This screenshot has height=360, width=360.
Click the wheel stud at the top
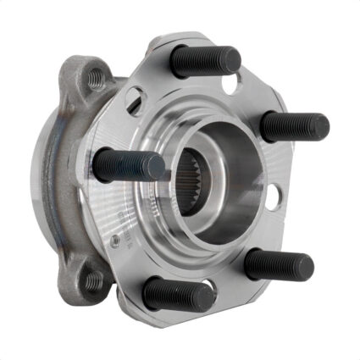click(203, 61)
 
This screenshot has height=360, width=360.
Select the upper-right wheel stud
click(292, 126)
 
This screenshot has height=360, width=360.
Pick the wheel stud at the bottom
click(178, 294)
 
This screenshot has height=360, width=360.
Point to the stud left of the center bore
click(127, 165)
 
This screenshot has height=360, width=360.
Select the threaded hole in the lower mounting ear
click(92, 280)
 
